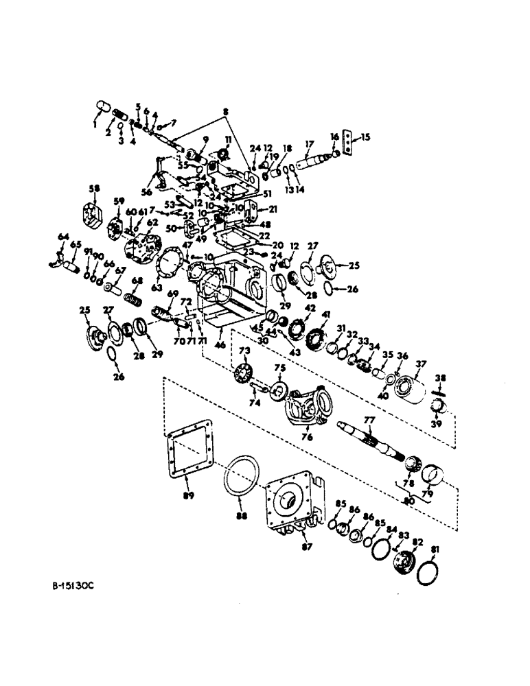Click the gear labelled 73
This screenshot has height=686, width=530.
242,375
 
